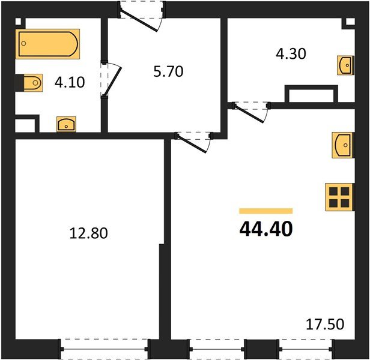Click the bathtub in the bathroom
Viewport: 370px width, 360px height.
(x=48, y=45)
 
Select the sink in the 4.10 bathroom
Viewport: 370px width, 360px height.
(x=65, y=124)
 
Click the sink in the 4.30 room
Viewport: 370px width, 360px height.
(x=346, y=64)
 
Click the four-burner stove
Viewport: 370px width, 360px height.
(x=338, y=197)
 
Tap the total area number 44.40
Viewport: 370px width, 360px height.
(x=265, y=229)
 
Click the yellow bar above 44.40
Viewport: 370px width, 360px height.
(x=265, y=211)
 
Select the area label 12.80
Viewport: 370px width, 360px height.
(x=89, y=233)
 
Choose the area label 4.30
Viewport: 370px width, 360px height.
(x=291, y=53)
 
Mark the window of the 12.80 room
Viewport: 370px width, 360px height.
(x=105, y=348)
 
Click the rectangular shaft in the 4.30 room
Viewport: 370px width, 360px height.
(x=311, y=95)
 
